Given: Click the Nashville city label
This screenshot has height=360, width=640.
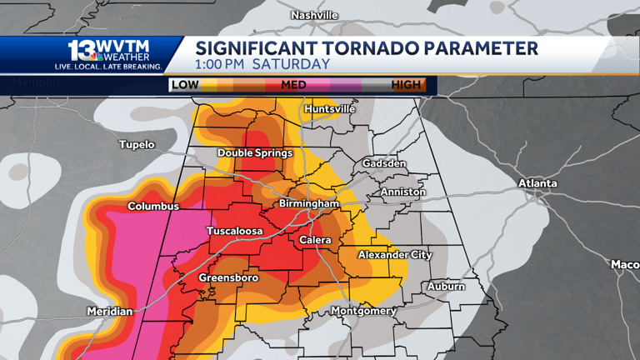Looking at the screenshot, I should pyautogui.click(x=314, y=15).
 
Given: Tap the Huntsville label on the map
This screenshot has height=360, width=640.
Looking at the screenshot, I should pyautogui.click(x=330, y=109).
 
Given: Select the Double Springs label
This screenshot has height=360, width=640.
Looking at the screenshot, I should pyautogui.click(x=255, y=153).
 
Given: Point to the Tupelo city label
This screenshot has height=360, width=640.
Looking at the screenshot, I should pyautogui.click(x=137, y=145).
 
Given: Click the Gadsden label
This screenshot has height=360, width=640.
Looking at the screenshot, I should pyautogui.click(x=384, y=163).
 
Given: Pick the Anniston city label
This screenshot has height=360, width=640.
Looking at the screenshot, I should pyautogui.click(x=402, y=192).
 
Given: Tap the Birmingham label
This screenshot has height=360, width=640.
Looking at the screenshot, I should pyautogui.click(x=309, y=204).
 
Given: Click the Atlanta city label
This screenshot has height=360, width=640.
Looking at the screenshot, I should pyautogui.click(x=537, y=183).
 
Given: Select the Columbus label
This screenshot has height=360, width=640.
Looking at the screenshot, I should pyautogui.click(x=153, y=207).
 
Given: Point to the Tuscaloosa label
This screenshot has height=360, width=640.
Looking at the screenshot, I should pyautogui.click(x=235, y=231).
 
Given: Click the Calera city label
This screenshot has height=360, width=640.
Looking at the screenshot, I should pyautogui.click(x=316, y=241).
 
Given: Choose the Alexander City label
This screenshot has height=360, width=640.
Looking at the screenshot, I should pyautogui.click(x=394, y=255).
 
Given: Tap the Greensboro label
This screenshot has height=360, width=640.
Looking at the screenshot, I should pyautogui.click(x=228, y=277).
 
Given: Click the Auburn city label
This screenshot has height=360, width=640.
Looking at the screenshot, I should pyautogui.click(x=446, y=287).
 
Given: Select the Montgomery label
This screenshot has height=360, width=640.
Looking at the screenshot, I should pyautogui.click(x=363, y=311).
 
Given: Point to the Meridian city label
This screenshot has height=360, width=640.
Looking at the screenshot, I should pyautogui.click(x=109, y=312).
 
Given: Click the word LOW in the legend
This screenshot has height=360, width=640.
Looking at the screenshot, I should pyautogui.click(x=184, y=85).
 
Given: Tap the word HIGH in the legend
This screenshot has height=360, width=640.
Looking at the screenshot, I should pyautogui.click(x=406, y=85).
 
